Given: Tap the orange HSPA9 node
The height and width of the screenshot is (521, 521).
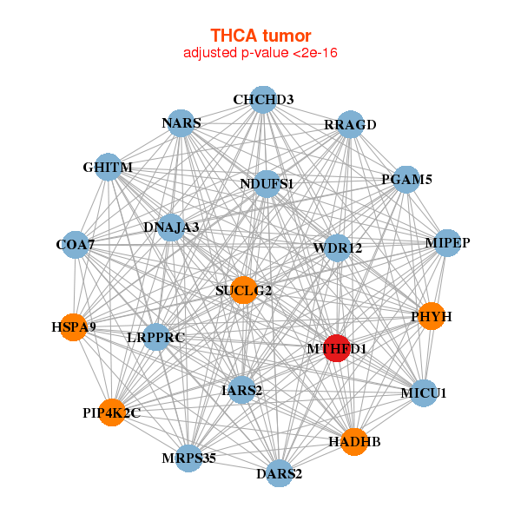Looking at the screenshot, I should [x=73, y=327].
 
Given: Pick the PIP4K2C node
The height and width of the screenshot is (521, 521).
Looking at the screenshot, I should [x=111, y=412].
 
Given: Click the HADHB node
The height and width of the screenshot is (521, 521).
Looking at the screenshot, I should [x=354, y=442].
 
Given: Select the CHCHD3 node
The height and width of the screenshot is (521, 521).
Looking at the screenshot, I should [x=263, y=99].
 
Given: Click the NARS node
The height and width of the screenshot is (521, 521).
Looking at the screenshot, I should [x=181, y=123].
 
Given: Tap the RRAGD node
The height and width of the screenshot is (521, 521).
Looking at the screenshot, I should [x=350, y=124].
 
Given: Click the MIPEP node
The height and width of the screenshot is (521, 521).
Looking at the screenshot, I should [x=447, y=242].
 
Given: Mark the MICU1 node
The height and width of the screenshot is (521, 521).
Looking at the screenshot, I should [x=424, y=393].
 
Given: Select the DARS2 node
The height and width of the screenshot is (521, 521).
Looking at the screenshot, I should [x=279, y=473].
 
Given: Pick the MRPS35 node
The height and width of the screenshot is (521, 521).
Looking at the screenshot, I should [x=188, y=458].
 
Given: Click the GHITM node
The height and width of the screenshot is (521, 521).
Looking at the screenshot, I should [x=108, y=167].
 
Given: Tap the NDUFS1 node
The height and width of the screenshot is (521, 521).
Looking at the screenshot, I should [x=267, y=183].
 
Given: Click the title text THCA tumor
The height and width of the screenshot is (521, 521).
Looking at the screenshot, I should [x=260, y=35].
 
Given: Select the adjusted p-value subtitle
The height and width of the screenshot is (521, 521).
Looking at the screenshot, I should [x=260, y=53].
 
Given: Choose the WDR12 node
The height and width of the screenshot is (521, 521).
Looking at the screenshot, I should [x=337, y=248].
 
